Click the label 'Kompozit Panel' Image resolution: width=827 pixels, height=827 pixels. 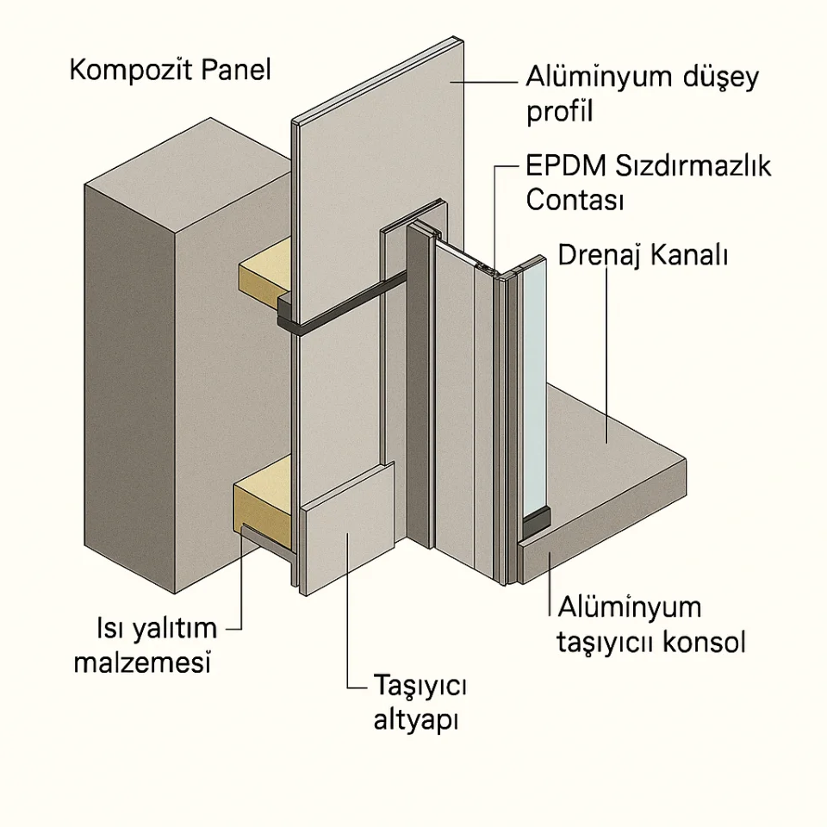coord(170,70)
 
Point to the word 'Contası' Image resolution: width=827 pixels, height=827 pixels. coord(574,200)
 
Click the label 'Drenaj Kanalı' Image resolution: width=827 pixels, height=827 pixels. coord(644,255)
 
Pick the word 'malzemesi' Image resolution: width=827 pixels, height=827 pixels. coord(143,663)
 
